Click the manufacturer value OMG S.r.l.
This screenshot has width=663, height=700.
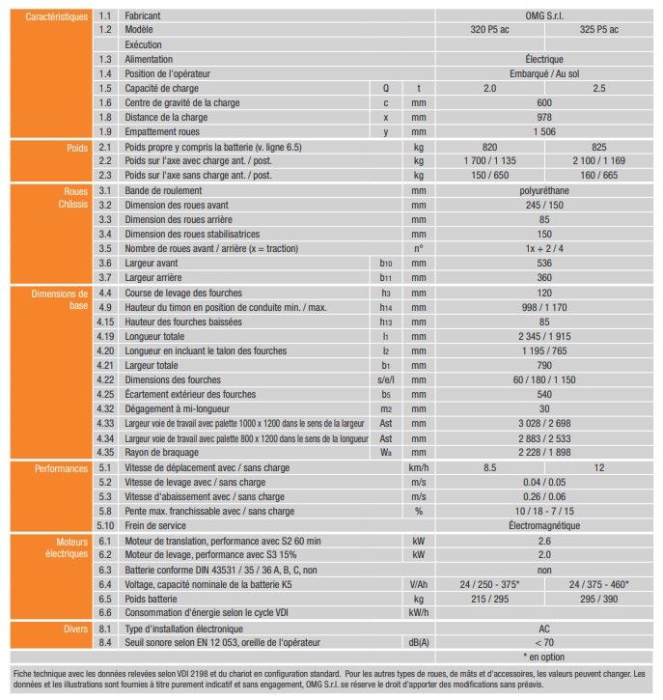coord(544,16)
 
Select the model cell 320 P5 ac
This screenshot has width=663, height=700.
coord(489,30)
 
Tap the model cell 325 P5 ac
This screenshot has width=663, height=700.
coord(599,30)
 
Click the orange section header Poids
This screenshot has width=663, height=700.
coord(75,147)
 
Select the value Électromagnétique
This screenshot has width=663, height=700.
coord(544,525)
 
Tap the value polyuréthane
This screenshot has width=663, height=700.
coord(544,191)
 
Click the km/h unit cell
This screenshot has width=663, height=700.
coord(418,467)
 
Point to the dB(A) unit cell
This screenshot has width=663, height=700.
coord(418,642)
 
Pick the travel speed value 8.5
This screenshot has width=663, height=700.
coord(489,467)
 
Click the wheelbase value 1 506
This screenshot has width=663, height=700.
coord(544,131)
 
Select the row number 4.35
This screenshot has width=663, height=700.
coord(106,452)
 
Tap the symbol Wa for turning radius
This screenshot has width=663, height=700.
coord(385,452)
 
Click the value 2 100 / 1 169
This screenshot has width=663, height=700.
coord(599,161)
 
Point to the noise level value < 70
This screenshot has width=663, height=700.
coord(544,642)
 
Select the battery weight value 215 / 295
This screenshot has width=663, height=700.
coord(489,599)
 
